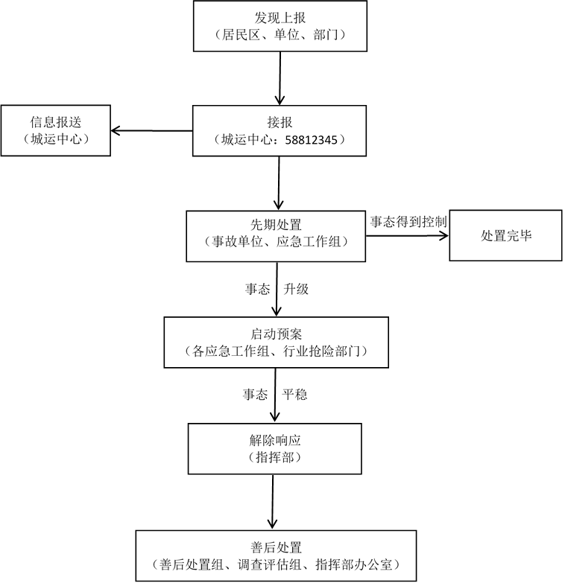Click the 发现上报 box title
click(280, 17)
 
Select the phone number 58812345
click(315, 139)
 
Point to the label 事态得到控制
click(408, 221)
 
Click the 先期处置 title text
click(276, 224)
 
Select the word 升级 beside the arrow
click(296, 289)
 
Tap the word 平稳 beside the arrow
click(294, 395)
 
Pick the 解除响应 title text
click(276, 440)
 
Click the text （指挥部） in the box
click(276, 457)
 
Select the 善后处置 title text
click(276, 547)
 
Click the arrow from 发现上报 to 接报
click(280, 78)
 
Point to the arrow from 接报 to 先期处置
click(278, 182)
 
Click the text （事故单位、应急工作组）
click(276, 241)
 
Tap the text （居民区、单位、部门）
click(280, 34)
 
